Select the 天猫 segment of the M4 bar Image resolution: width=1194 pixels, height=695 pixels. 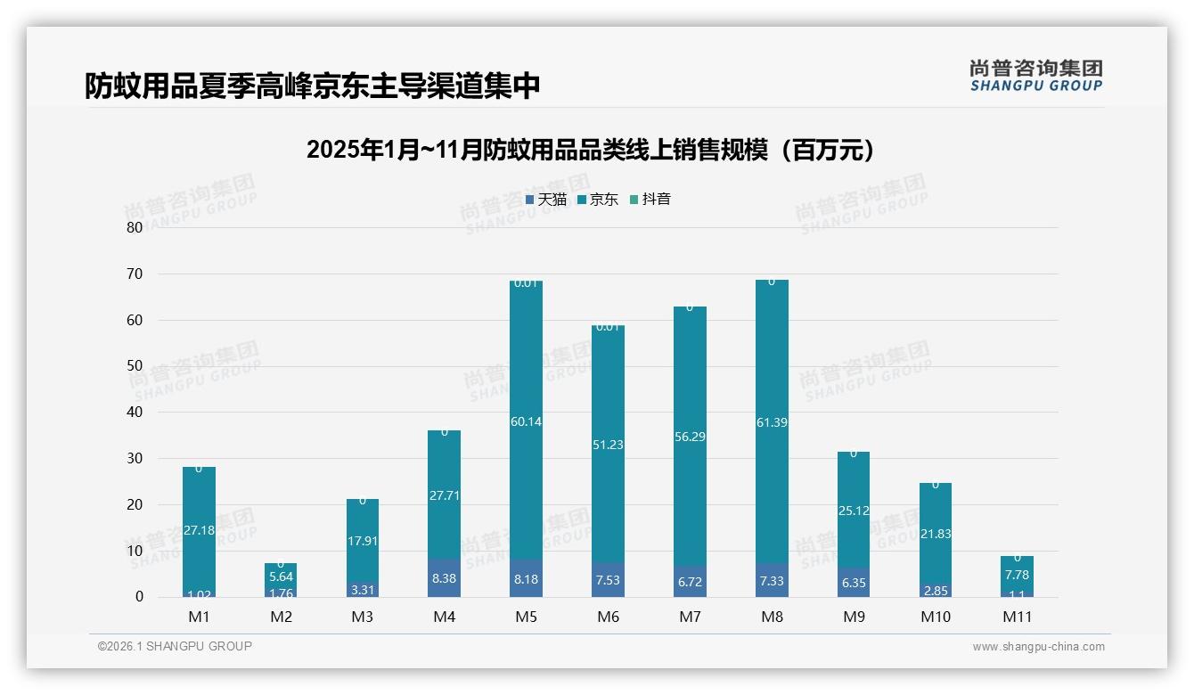click(x=444, y=577)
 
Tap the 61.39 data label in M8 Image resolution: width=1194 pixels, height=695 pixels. click(x=772, y=422)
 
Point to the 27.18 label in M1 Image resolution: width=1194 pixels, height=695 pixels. click(x=198, y=530)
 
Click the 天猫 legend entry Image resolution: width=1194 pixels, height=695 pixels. click(x=546, y=200)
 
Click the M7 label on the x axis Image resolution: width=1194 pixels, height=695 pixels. click(x=690, y=617)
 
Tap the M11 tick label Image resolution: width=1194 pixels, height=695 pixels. click(x=1018, y=617)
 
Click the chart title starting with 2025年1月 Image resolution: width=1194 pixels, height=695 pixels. click(x=590, y=150)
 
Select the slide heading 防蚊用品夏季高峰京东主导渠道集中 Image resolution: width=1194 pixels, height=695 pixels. click(x=312, y=86)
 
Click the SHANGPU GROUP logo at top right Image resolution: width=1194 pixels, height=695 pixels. click(x=1035, y=76)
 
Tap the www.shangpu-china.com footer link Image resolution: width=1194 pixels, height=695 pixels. click(x=1038, y=647)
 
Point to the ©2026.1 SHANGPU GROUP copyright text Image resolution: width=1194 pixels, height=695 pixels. click(x=175, y=646)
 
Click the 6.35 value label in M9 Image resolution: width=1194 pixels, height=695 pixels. click(x=854, y=583)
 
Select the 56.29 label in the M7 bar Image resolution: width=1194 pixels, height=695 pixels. click(x=690, y=437)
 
